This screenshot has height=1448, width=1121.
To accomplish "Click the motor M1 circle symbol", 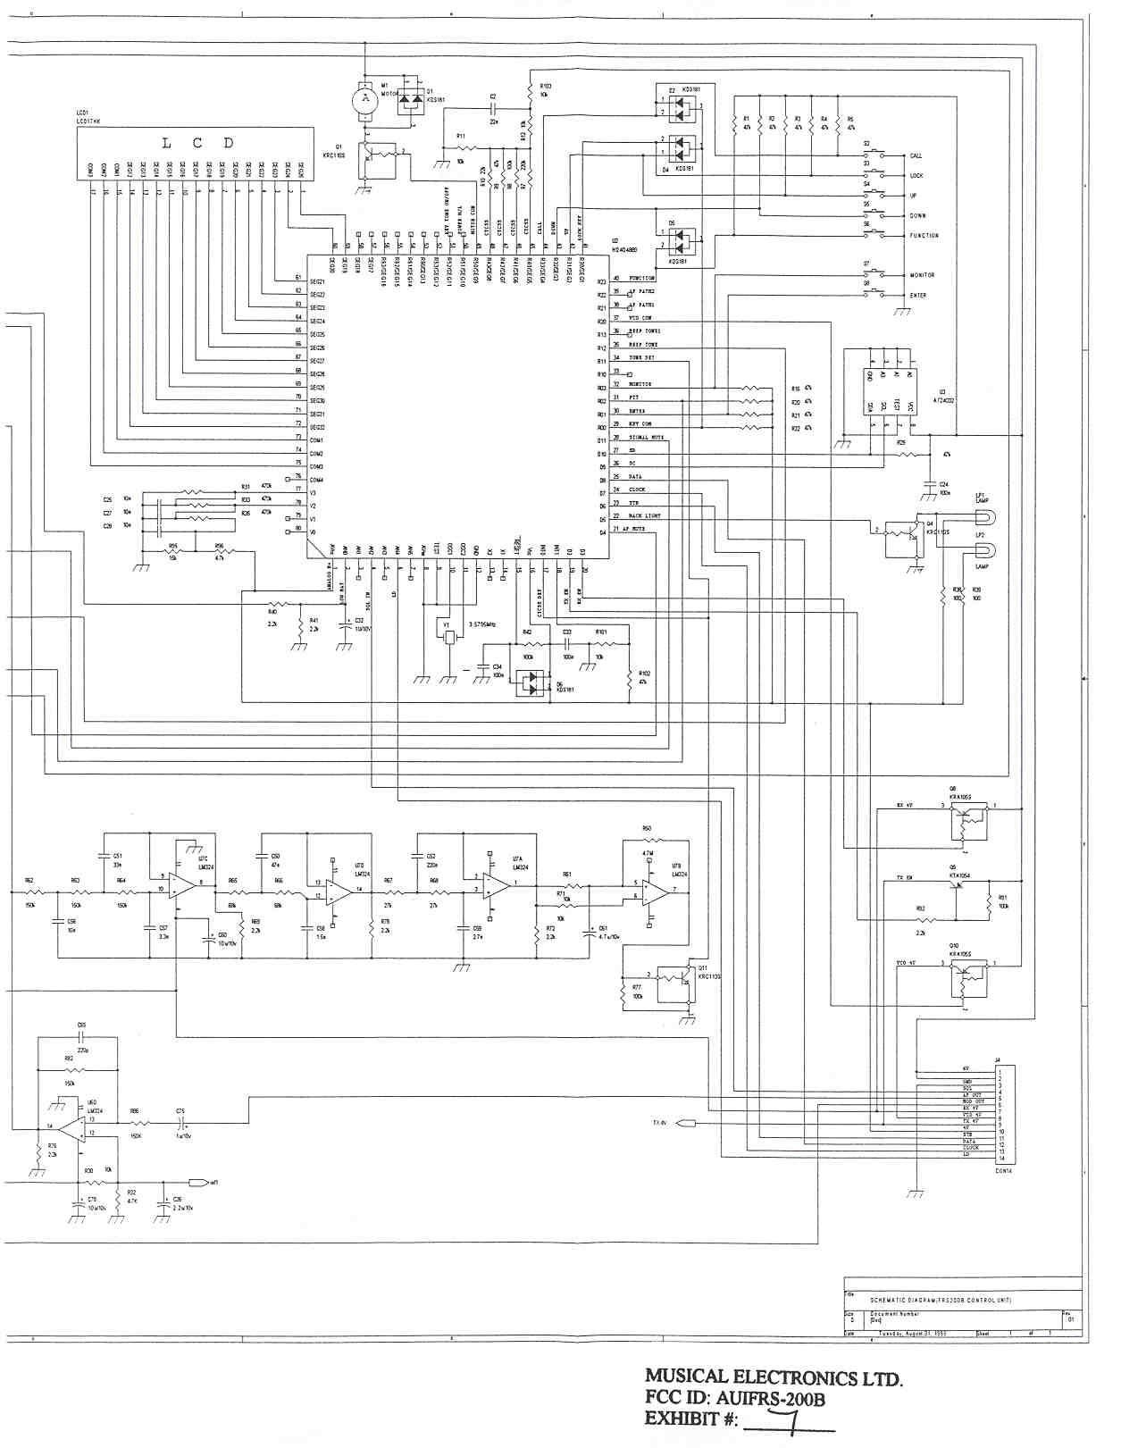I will click(x=364, y=102).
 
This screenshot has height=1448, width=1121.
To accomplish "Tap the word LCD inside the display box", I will click(x=197, y=143).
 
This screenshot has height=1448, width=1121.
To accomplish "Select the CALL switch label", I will click(x=916, y=155).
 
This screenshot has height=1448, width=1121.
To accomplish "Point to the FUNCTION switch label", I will click(x=924, y=236).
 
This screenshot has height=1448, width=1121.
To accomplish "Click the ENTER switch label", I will click(x=917, y=296).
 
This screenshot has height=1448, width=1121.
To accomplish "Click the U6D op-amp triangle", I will click(x=71, y=1126).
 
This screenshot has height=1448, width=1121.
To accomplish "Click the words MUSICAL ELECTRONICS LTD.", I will click(x=774, y=1378).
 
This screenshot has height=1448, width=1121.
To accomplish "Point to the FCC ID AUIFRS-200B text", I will click(x=734, y=1399).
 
